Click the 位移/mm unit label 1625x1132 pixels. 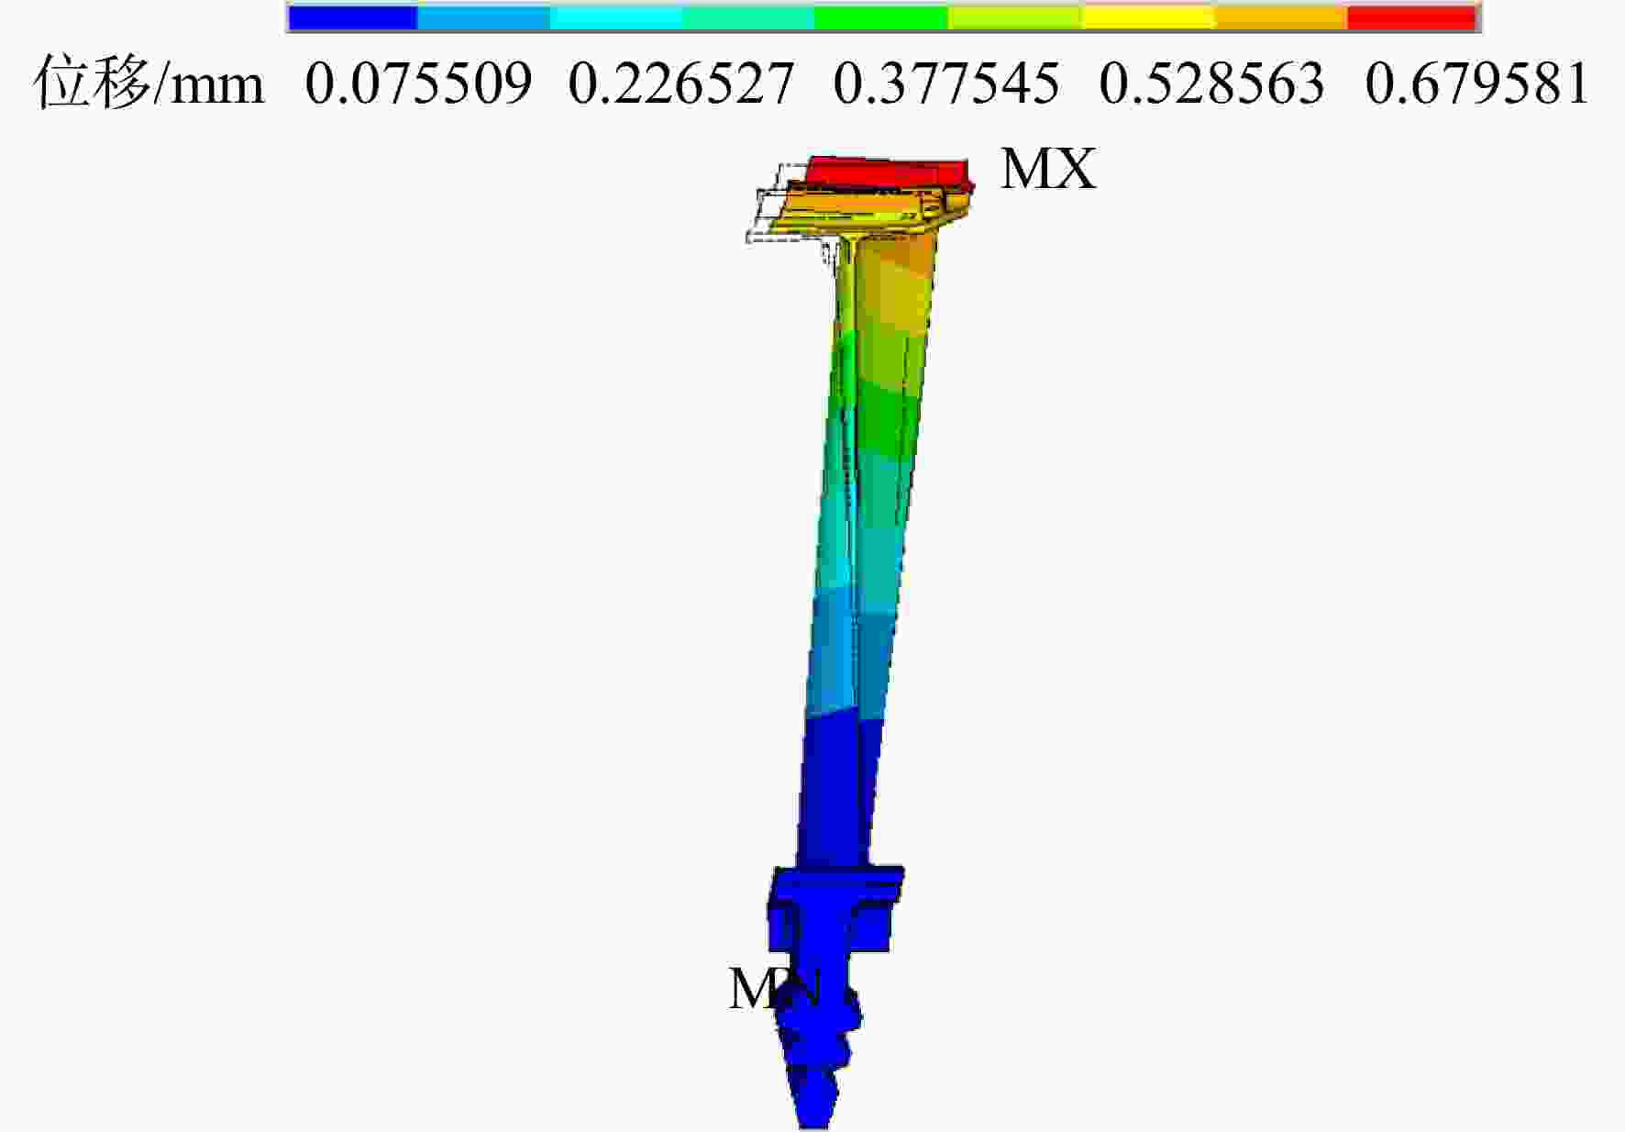(x=149, y=83)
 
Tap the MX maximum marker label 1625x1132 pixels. (x=1048, y=170)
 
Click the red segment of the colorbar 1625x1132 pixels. (x=1411, y=17)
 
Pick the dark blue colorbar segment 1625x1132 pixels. (x=353, y=17)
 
